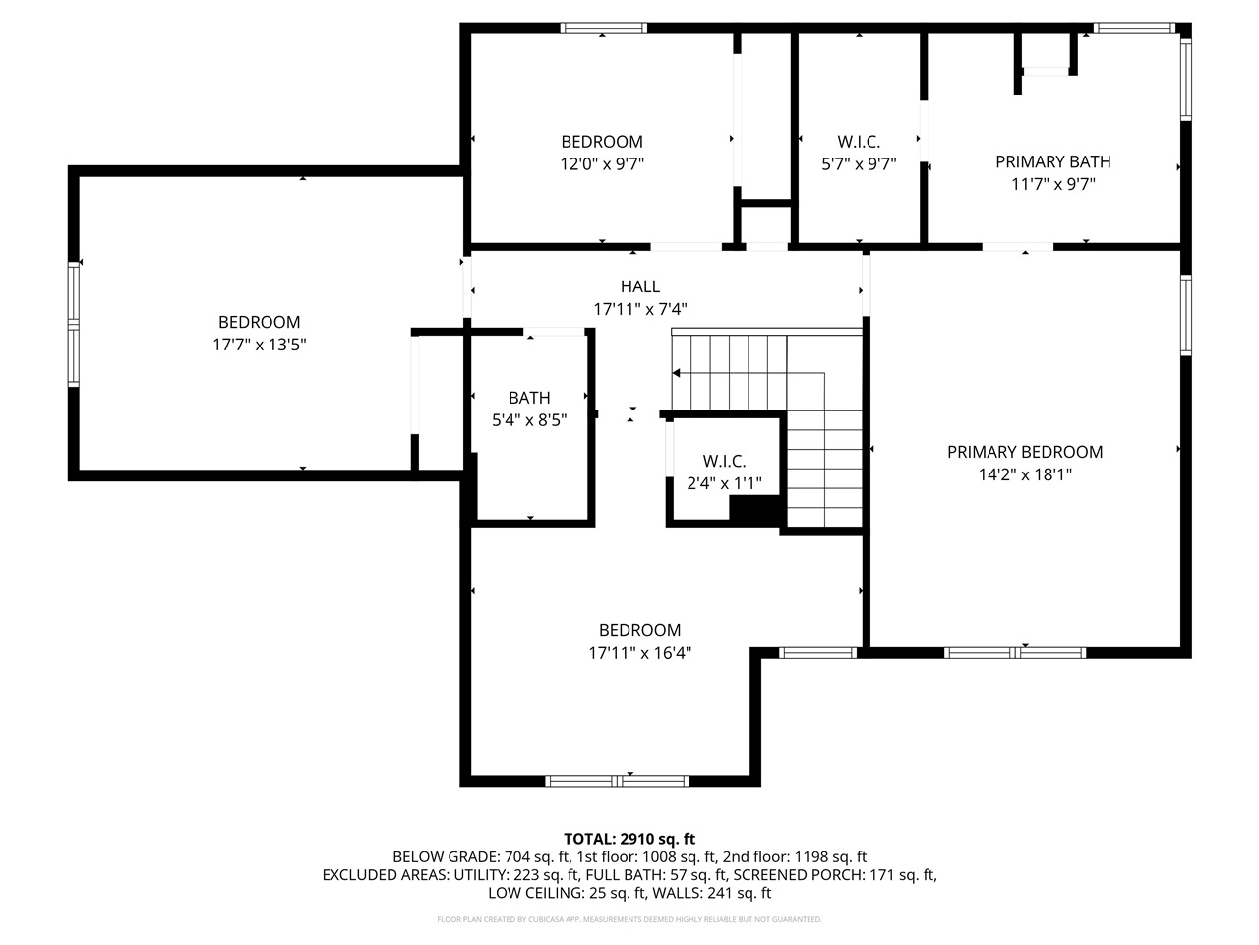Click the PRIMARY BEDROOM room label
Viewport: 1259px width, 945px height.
tap(1025, 452)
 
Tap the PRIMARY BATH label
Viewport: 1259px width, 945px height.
tap(1052, 161)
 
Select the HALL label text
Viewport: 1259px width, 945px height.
tap(640, 286)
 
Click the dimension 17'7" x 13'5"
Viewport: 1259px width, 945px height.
tap(259, 345)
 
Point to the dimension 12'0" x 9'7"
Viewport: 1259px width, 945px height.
tap(602, 164)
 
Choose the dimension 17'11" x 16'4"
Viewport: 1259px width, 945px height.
tap(640, 653)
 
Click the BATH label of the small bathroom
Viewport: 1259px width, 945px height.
tap(529, 398)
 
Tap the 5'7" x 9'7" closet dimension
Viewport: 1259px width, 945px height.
tap(859, 164)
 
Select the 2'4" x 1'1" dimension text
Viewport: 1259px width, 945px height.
tap(724, 483)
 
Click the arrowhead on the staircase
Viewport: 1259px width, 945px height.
tap(677, 373)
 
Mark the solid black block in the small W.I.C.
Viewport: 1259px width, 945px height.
tap(754, 510)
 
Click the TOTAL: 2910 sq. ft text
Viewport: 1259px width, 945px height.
tap(629, 839)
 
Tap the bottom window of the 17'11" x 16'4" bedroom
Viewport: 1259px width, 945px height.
tap(616, 781)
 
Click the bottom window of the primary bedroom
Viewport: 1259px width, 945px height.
tap(1015, 652)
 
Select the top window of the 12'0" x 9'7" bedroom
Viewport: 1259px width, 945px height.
tap(603, 28)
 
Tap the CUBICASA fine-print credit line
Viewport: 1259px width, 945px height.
tap(629, 919)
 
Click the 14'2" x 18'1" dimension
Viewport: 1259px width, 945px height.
tap(1025, 474)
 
